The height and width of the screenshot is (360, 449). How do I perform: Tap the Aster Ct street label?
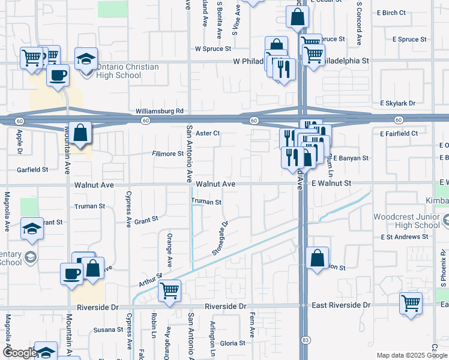tap(208, 133)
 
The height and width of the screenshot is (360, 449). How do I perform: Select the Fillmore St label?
tap(167, 154)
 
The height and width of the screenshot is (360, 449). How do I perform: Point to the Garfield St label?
tap(32, 169)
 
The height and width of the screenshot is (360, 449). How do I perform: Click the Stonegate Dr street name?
tap(220, 238)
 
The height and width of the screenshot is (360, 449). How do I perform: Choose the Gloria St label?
tap(232, 343)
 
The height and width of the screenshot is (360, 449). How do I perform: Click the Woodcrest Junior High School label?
tap(406, 221)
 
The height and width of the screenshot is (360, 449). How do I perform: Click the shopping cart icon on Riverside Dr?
tap(170, 290)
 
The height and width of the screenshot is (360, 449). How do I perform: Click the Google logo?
tap(20, 353)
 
